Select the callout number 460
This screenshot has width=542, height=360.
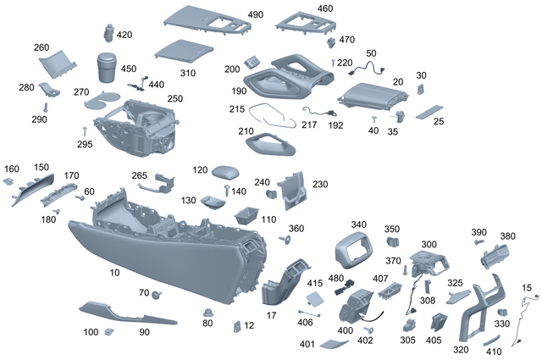point(325,8)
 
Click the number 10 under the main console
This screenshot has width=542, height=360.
point(114,273)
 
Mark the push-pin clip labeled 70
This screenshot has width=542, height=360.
point(157,294)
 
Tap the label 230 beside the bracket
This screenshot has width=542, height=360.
point(320,184)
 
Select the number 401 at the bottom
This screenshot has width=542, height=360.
point(307,344)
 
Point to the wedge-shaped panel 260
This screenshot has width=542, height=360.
point(59,64)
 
